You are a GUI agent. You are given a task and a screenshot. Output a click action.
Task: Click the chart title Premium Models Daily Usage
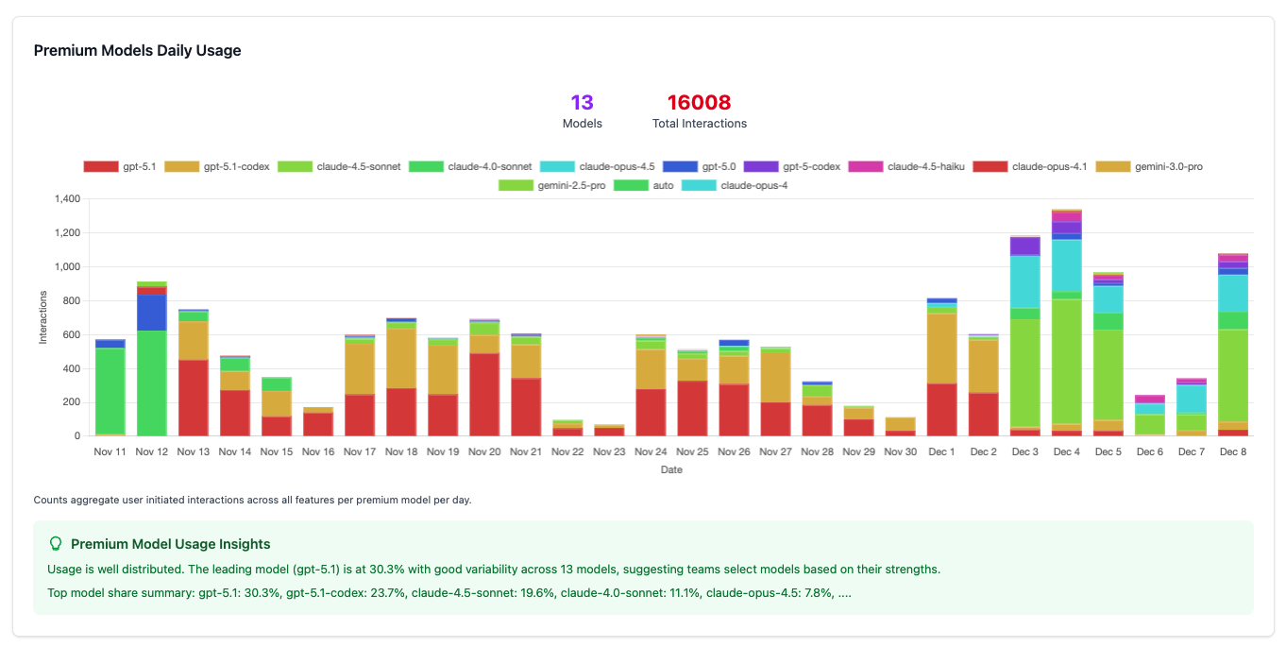click(x=137, y=51)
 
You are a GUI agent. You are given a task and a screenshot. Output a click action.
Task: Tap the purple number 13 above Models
click(x=582, y=102)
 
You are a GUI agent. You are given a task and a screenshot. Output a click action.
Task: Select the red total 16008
click(x=699, y=102)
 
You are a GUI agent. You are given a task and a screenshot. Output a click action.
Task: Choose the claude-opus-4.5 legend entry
click(x=600, y=166)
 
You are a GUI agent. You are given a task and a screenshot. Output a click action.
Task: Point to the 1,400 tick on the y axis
click(x=67, y=199)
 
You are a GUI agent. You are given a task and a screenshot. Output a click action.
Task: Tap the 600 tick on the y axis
click(x=72, y=334)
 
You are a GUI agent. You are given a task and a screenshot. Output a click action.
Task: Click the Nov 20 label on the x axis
click(x=484, y=452)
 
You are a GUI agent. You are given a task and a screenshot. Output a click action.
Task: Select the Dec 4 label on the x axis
click(x=1066, y=452)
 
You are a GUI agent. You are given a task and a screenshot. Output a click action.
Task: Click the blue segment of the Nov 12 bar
click(x=152, y=312)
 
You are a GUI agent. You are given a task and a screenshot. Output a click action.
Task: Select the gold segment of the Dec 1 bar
click(x=941, y=348)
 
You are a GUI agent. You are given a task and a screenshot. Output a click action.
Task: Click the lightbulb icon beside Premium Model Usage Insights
click(x=56, y=544)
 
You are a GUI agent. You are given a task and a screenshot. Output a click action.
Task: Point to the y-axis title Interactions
click(x=42, y=317)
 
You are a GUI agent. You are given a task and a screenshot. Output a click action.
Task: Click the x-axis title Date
click(x=671, y=469)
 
